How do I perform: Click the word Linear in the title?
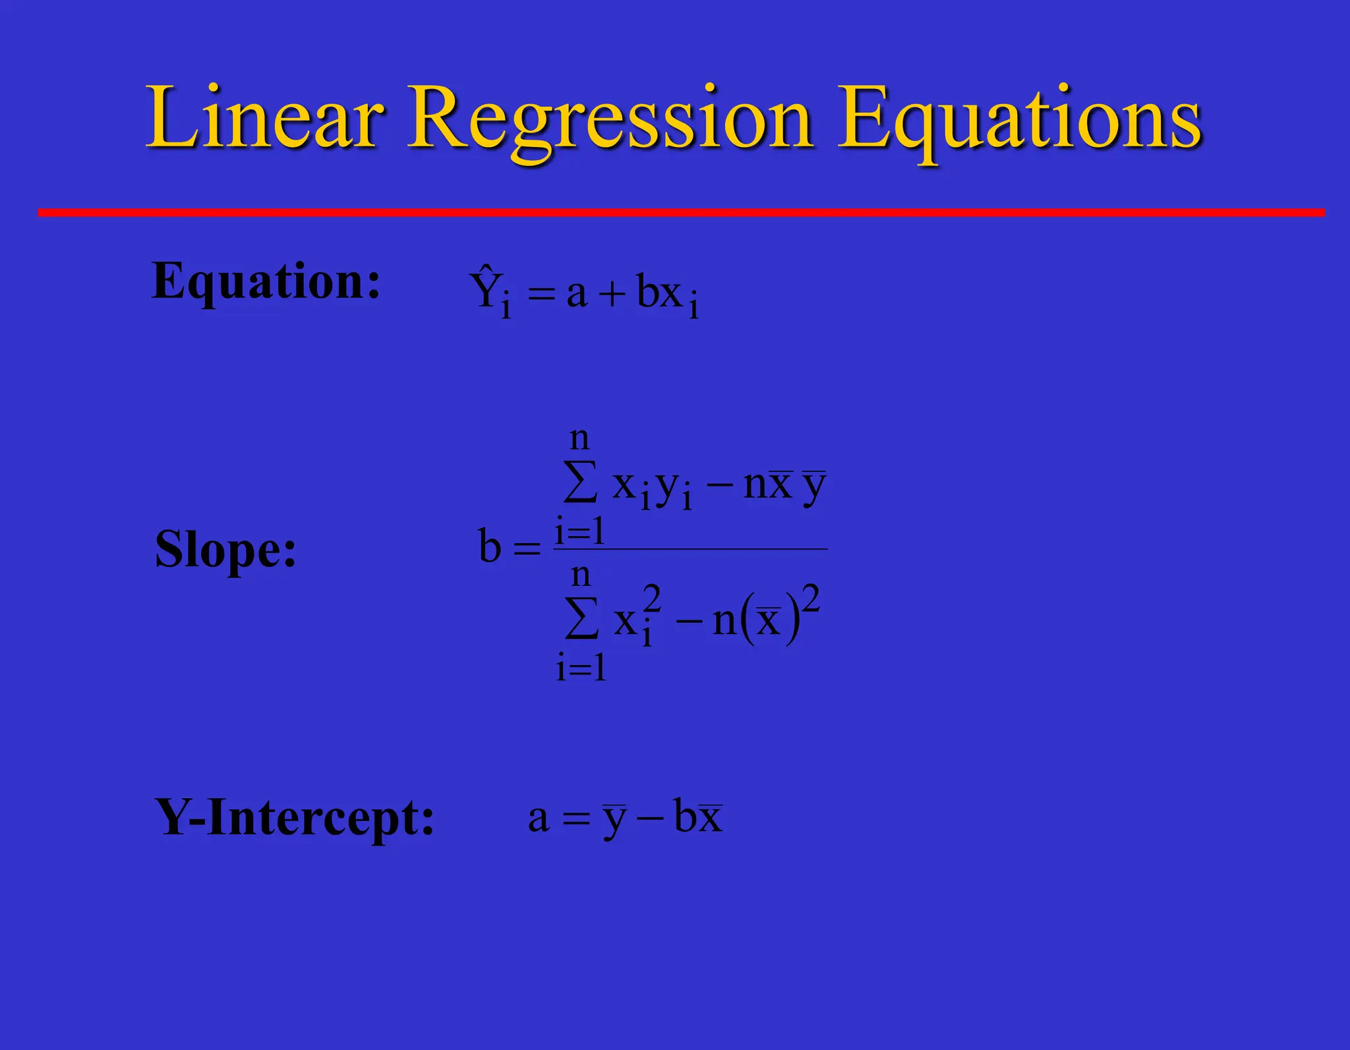click(264, 119)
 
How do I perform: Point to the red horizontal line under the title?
click(679, 212)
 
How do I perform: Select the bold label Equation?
click(266, 282)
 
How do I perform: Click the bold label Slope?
click(225, 549)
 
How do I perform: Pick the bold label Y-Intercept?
click(294, 818)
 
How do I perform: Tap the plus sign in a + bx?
click(612, 294)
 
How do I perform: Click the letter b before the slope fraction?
click(490, 547)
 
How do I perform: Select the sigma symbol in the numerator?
click(581, 482)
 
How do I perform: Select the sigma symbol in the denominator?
click(581, 618)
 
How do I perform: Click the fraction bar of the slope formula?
click(690, 548)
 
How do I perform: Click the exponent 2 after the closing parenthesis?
click(811, 598)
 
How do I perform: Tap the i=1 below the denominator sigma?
click(581, 668)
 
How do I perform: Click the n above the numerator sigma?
click(579, 438)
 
